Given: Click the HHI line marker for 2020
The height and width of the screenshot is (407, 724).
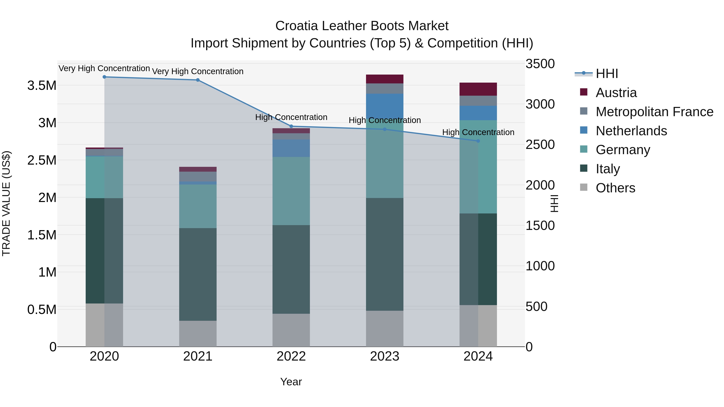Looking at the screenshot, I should point(104,77).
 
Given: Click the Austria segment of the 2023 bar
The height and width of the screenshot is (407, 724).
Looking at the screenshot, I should point(385,79).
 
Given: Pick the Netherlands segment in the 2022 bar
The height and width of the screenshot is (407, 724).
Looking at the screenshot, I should point(291,148).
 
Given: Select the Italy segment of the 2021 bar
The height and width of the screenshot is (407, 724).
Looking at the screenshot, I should point(198,274).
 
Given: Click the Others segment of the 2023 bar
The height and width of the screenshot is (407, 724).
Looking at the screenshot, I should point(385,329).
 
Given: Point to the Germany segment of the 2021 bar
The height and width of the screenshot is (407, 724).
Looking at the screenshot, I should point(198,206).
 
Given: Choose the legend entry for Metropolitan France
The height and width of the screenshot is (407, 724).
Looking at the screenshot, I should point(654,112).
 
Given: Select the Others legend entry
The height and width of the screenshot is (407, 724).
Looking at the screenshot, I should point(615,188).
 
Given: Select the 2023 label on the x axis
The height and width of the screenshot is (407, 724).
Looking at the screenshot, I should point(385,356).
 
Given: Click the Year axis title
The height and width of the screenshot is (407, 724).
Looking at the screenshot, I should point(291,382).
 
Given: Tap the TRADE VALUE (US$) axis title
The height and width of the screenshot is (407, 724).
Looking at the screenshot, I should point(6,203).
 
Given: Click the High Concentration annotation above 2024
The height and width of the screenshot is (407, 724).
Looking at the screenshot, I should point(478,132).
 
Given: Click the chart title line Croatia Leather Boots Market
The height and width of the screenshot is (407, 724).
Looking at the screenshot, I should point(362,26).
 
